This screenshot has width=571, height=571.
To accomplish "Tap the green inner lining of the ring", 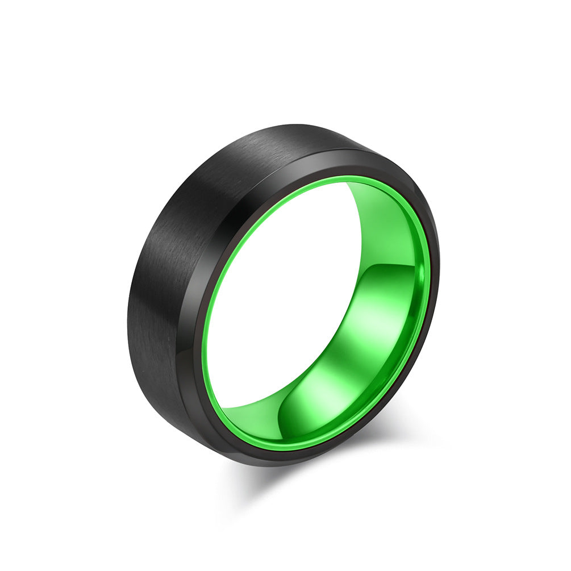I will coord(392,318).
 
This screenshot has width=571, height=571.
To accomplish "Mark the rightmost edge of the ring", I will coord(439,267).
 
